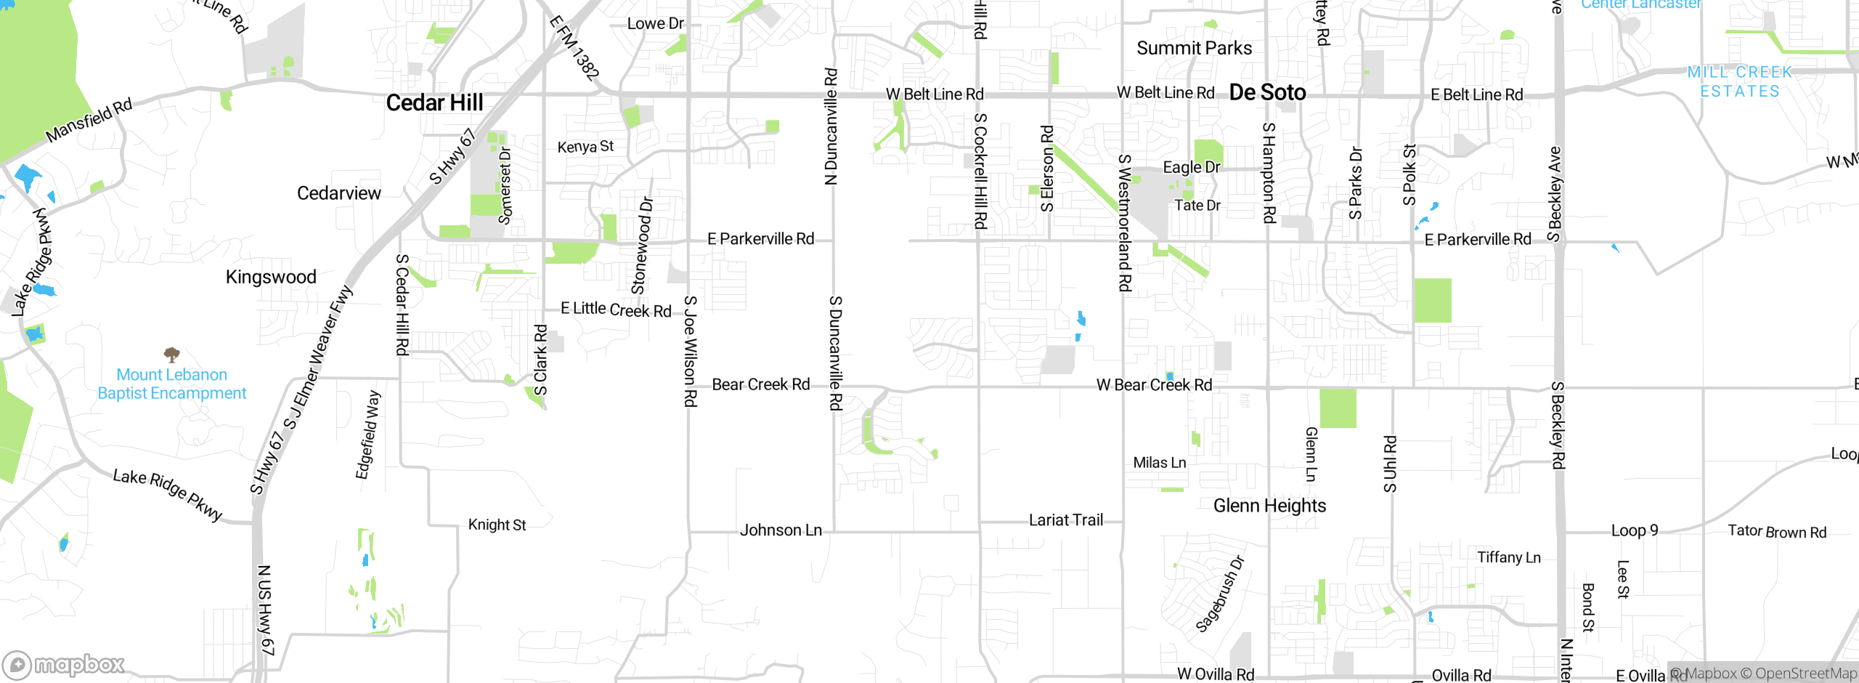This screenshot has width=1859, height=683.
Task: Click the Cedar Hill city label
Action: point(434,103)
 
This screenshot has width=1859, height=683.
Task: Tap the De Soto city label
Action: point(1267,92)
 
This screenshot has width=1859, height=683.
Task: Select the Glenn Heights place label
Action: point(1269,506)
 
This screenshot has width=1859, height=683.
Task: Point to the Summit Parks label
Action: point(1194,48)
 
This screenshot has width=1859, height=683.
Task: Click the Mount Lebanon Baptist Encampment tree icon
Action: point(171,355)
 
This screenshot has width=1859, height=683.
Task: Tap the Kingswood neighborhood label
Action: point(271,277)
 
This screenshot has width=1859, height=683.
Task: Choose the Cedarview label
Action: point(338,193)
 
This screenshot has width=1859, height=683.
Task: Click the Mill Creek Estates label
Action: point(1740,81)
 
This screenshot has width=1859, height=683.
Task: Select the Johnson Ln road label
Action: point(781,530)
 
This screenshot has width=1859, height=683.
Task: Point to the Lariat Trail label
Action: point(1065,520)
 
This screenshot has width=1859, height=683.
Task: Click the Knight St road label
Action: point(497,525)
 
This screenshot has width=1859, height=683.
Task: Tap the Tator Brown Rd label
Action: point(1776,532)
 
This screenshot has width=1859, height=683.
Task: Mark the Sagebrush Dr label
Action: point(1220,594)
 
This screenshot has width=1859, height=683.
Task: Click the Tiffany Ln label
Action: point(1508,557)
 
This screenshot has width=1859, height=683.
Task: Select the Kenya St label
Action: point(585,147)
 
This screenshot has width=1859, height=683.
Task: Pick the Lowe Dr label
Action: point(655,24)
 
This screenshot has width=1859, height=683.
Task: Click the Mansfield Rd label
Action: point(89,121)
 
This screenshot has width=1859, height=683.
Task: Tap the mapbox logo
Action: point(64,664)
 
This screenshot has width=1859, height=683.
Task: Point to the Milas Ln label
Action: point(1159,463)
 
